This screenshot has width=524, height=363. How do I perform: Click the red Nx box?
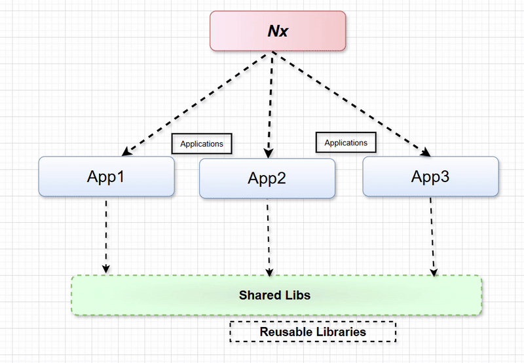(x=277, y=31)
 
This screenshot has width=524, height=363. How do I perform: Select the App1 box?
(x=107, y=176)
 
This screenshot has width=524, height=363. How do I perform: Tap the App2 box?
(x=267, y=178)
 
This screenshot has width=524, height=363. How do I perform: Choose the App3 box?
(x=430, y=176)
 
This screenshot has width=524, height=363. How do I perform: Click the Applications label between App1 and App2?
(x=202, y=143)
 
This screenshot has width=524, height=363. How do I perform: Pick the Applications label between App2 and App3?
(x=346, y=142)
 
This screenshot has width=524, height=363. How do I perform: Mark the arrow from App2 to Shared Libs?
(x=267, y=236)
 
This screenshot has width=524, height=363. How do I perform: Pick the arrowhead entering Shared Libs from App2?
(x=267, y=271)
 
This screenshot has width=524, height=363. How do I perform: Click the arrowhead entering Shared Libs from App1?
(x=105, y=269)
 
